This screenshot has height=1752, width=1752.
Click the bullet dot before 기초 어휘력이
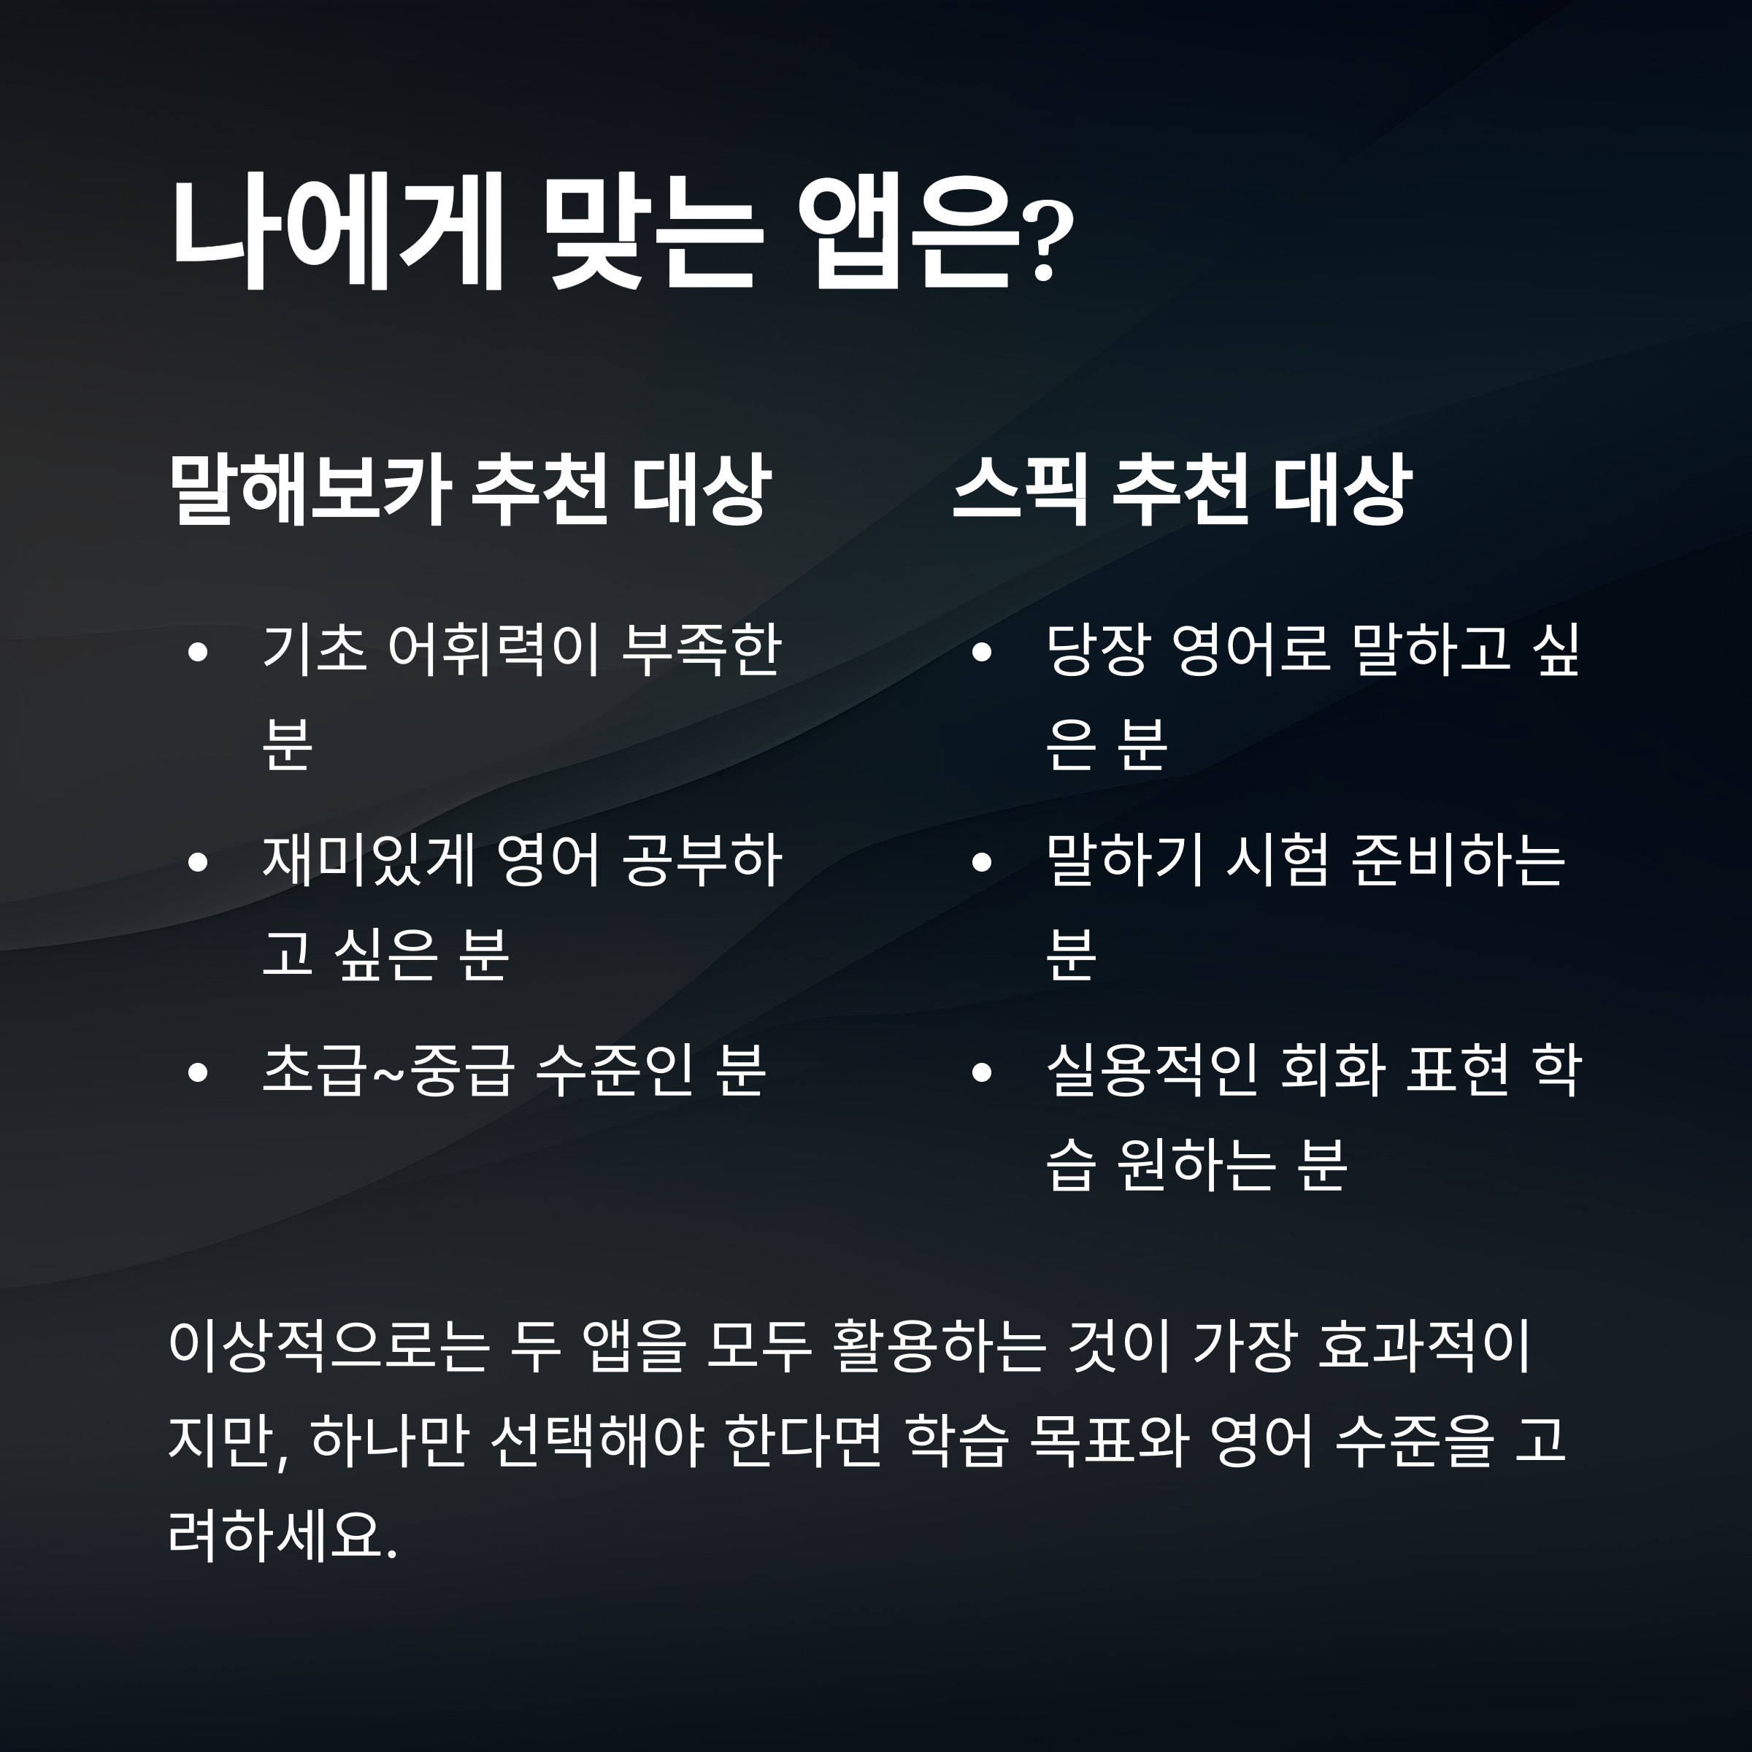(198, 653)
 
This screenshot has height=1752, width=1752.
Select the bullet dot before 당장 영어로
(981, 653)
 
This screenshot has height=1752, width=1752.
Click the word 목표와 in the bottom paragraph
(1109, 1441)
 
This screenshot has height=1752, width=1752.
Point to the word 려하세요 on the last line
(277, 1535)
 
